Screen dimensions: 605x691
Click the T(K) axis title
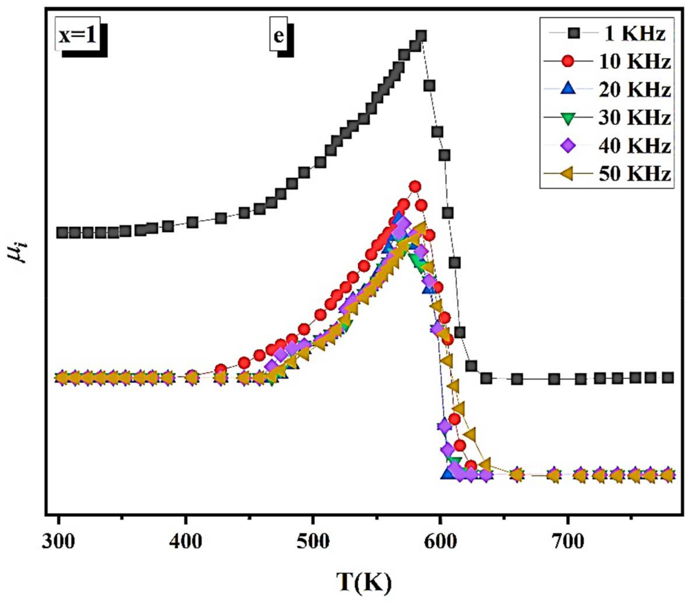[364, 582]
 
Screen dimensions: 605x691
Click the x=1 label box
[78, 36]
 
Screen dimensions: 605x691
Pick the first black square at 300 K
[62, 233]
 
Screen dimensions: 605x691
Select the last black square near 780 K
[668, 378]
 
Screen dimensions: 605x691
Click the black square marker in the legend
[568, 34]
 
